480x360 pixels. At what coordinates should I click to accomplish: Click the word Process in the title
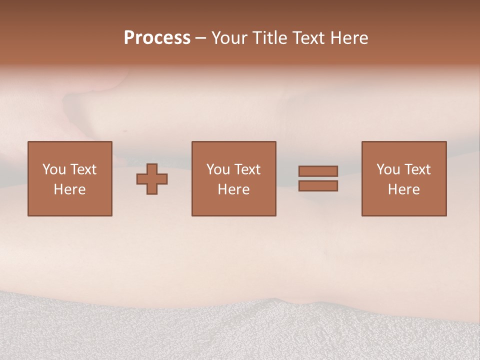pyautogui.click(x=157, y=37)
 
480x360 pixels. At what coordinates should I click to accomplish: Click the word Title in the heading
pyautogui.click(x=269, y=37)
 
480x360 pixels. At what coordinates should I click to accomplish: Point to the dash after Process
pyautogui.click(x=200, y=38)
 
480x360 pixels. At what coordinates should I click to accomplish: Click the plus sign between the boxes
pyautogui.click(x=152, y=179)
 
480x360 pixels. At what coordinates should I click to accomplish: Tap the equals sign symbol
pyautogui.click(x=318, y=178)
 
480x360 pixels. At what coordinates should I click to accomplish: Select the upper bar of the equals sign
pyautogui.click(x=318, y=171)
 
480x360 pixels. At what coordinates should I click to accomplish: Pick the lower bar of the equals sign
pyautogui.click(x=318, y=186)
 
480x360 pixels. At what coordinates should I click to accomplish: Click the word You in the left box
pyautogui.click(x=54, y=169)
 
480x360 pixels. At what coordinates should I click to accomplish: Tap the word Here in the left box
pyautogui.click(x=69, y=189)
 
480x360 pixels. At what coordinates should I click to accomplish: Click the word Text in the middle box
pyautogui.click(x=247, y=169)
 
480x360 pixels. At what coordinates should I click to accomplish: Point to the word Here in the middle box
pyautogui.click(x=233, y=189)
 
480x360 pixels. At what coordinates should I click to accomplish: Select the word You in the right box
pyautogui.click(x=388, y=169)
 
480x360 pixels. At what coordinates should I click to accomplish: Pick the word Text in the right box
pyautogui.click(x=417, y=169)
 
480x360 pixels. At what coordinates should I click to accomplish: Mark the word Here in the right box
pyautogui.click(x=403, y=189)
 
